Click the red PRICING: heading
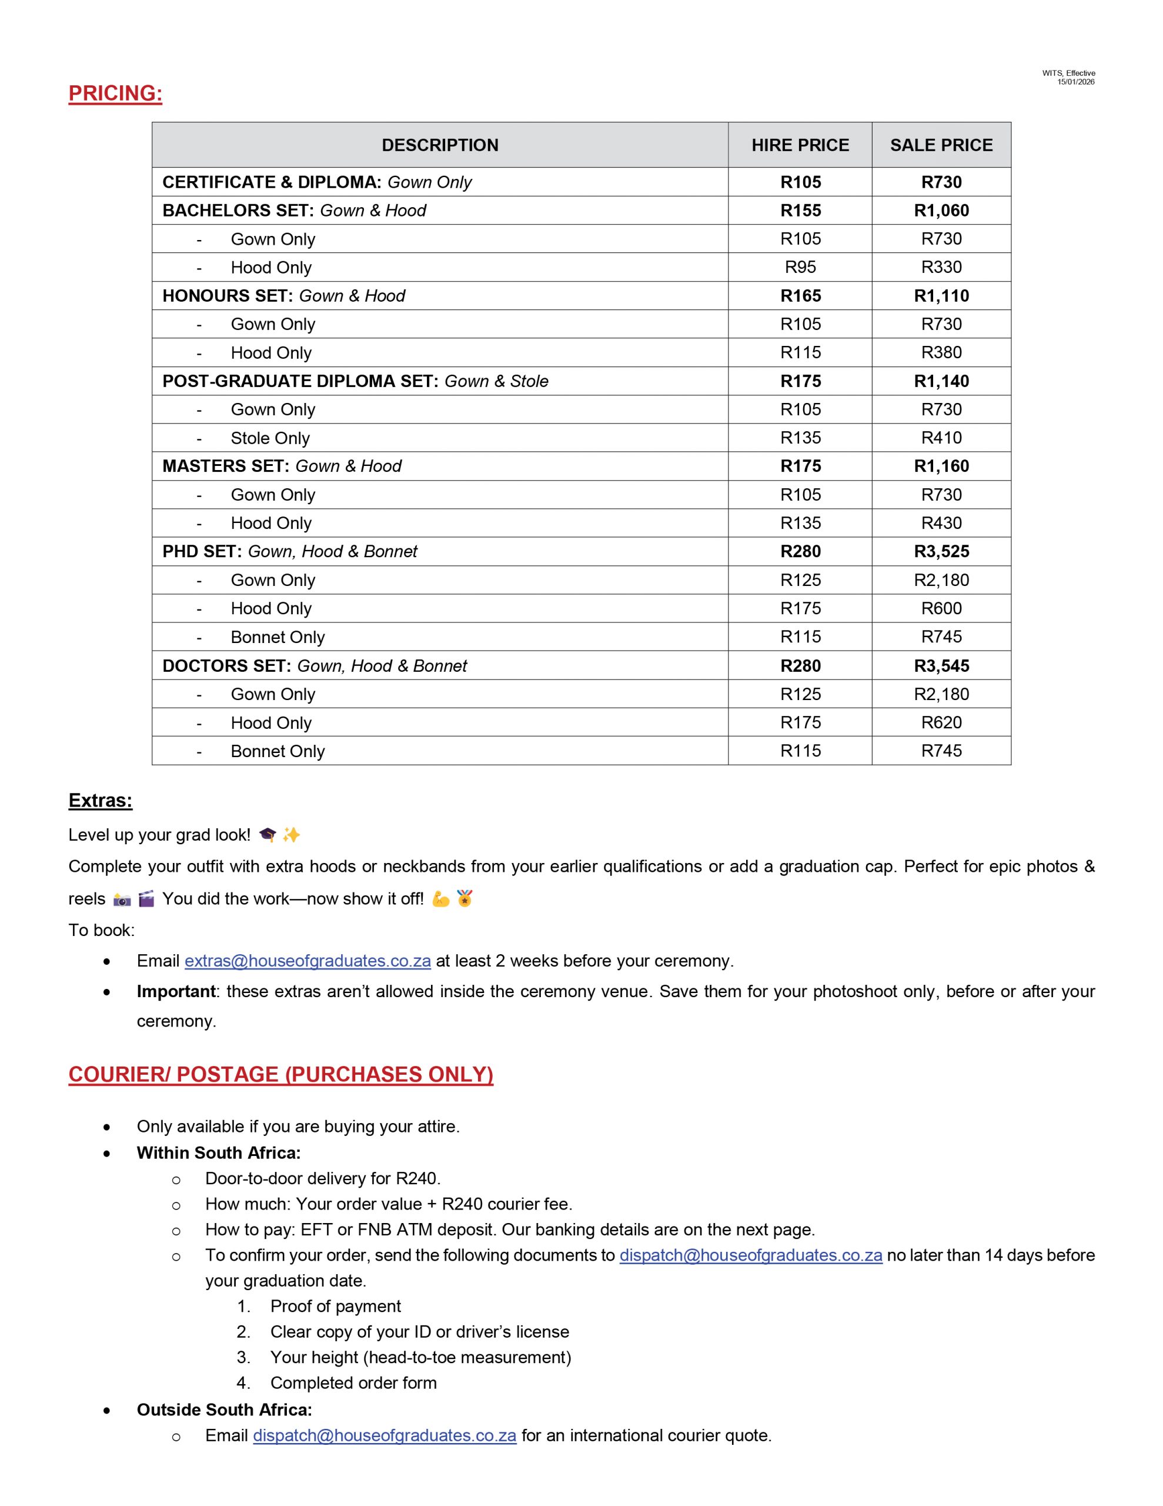115,93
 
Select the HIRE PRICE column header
800,145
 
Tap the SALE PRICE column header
941,145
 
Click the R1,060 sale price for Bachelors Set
941,211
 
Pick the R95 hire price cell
800,267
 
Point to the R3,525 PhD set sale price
941,551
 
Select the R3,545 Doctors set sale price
941,665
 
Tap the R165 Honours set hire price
800,296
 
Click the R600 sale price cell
941,608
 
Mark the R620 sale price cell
941,722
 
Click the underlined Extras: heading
100,800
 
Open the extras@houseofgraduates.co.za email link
308,961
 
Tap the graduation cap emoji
268,835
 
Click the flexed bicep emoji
440,898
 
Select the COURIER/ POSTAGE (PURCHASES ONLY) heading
280,1074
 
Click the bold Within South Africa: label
219,1152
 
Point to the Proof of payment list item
335,1306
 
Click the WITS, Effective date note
1068,77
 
